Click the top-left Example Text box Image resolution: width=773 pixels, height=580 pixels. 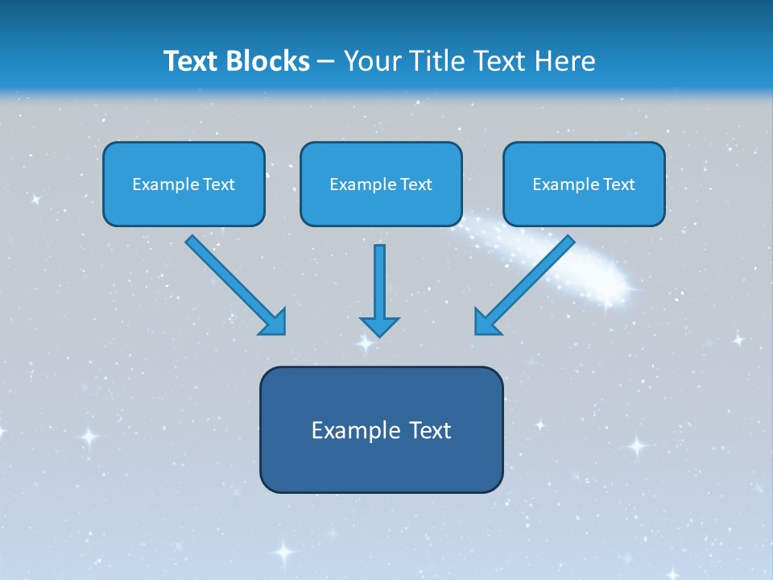[x=184, y=184]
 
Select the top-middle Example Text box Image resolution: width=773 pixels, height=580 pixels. [x=381, y=184]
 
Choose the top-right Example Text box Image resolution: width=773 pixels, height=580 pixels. [x=584, y=184]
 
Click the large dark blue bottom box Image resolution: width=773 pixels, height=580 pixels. [x=381, y=429]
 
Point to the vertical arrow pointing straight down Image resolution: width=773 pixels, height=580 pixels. [x=379, y=286]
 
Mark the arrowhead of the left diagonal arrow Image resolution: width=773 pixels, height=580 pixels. [x=275, y=323]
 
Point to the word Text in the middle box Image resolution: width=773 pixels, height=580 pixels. [x=415, y=184]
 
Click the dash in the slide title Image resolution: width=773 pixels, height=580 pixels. [x=327, y=62]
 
